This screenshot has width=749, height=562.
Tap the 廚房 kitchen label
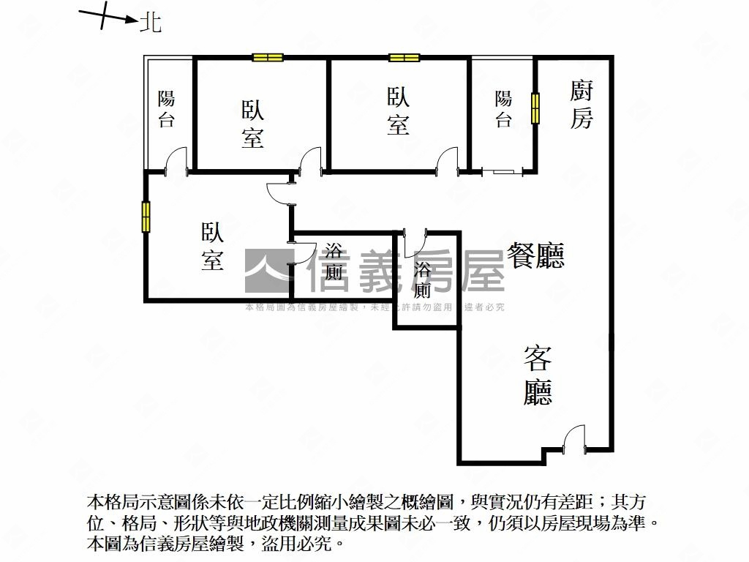[581, 105]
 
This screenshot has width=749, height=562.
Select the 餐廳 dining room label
[536, 255]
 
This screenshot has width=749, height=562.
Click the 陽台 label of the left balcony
[167, 109]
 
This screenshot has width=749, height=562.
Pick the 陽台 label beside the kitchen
[503, 109]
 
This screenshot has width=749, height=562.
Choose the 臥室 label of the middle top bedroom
[398, 111]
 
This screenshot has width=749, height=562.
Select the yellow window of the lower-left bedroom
[146, 217]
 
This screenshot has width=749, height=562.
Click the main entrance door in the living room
[573, 439]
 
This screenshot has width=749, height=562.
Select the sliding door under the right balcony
[503, 172]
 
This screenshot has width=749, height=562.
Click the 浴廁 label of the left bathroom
[334, 263]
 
